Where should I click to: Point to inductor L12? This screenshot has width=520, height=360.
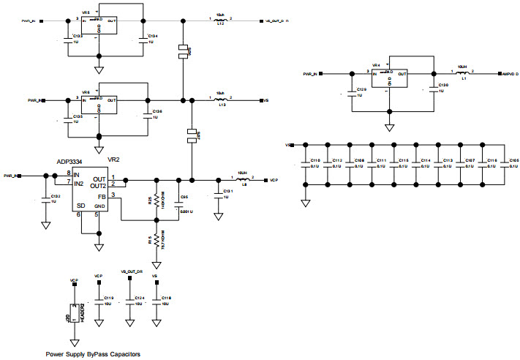click(220, 20)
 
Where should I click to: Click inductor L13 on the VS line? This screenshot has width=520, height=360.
click(220, 100)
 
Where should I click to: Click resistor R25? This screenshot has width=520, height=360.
click(156, 198)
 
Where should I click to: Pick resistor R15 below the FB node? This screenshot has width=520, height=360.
click(156, 240)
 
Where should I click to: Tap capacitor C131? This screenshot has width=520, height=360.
click(217, 193)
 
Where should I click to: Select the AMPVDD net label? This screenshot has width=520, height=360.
click(509, 74)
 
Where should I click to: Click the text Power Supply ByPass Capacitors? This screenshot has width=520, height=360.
click(93, 354)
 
